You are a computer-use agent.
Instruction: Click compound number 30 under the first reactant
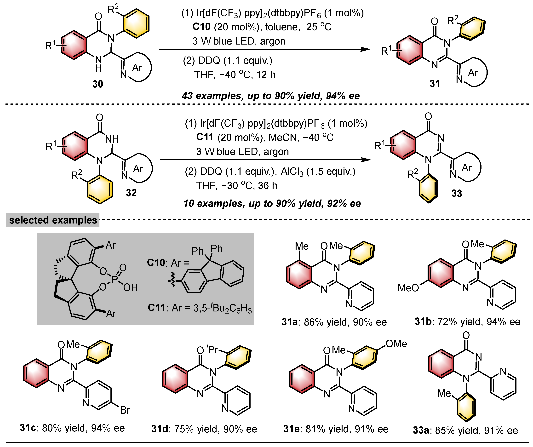[x=97, y=84]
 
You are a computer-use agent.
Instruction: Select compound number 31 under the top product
[x=435, y=83]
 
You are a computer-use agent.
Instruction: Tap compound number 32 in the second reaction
[x=131, y=193]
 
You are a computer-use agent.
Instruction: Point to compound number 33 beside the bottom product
[x=457, y=193]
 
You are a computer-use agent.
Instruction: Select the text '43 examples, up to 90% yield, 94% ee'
[x=271, y=96]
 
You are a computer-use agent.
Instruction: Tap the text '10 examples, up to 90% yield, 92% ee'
[x=272, y=203]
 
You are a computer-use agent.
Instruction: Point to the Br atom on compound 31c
[x=125, y=410]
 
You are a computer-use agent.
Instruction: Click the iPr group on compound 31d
[x=212, y=350]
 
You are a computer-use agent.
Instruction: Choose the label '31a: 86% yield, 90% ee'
[x=334, y=322]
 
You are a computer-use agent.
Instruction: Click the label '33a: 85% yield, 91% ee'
[x=465, y=430]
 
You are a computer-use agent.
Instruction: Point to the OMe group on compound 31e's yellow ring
[x=396, y=344]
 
